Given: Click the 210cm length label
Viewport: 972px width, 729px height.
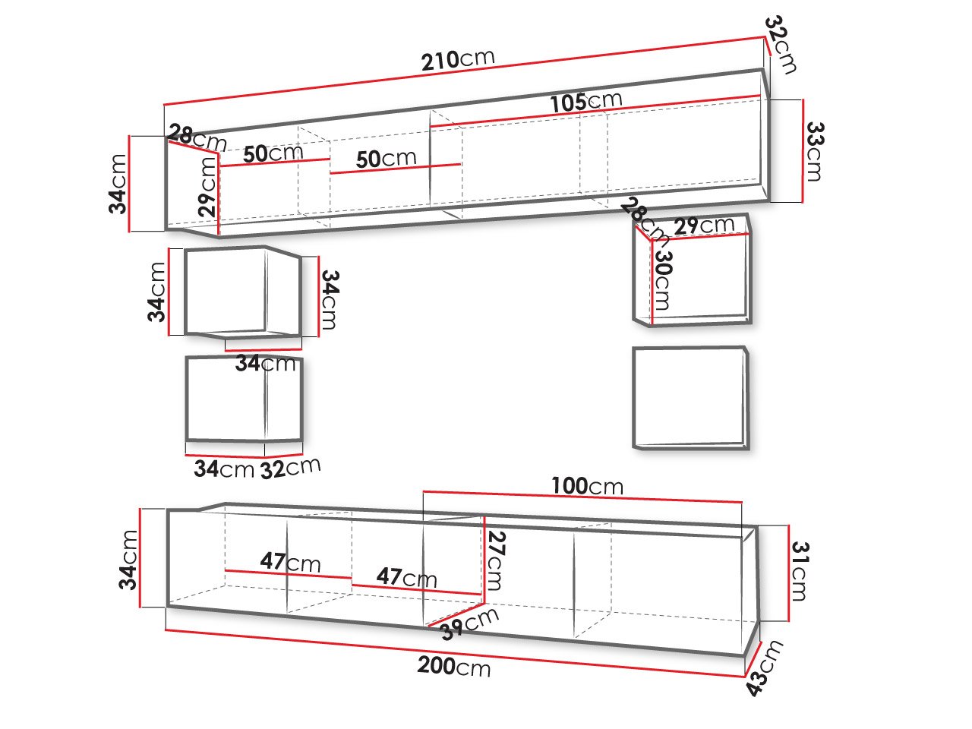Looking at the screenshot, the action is point(457,60).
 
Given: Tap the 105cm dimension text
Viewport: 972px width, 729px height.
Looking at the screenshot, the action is point(585,102).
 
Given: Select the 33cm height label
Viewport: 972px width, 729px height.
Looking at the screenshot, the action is point(814,151).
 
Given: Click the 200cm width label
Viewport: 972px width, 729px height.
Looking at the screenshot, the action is point(454,667).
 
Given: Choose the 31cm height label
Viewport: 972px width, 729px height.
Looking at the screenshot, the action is point(800,571).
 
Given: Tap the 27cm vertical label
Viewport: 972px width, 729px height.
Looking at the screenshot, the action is point(496,561).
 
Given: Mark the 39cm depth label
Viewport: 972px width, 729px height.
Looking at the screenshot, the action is point(470,624).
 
